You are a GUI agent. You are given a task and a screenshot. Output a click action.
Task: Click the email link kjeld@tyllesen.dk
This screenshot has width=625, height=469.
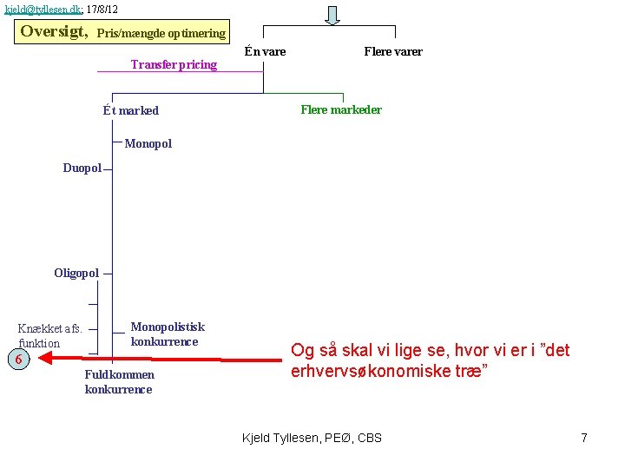pos(43,9)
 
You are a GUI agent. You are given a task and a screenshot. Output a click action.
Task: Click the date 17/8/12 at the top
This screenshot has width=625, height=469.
pos(102,9)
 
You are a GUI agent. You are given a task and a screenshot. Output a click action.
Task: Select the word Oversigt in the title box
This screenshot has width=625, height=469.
pos(54,31)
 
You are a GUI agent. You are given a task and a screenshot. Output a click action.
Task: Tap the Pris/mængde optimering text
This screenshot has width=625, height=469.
pos(161,34)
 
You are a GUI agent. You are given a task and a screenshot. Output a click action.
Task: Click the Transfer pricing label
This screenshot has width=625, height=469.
pos(174,64)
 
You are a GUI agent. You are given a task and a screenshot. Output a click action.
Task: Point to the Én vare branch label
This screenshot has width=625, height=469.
pos(265,51)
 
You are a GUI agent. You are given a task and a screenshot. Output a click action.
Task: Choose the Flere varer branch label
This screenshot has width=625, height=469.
pos(393,51)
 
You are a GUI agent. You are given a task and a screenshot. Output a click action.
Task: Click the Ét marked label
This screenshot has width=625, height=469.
pos(130,110)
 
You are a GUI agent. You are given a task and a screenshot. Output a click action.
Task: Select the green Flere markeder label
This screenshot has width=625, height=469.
pos(341,109)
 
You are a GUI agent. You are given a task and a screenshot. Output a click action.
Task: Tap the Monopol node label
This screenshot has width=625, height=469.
pos(148,143)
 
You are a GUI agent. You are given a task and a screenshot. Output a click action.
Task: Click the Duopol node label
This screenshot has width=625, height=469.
pos(82,168)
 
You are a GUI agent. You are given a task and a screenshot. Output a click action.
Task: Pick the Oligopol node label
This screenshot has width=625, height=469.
pos(76,273)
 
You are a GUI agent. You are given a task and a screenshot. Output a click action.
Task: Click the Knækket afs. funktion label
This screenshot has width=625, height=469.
pos(50,335)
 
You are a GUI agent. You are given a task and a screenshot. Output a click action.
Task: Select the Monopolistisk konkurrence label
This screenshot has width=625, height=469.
pos(168,334)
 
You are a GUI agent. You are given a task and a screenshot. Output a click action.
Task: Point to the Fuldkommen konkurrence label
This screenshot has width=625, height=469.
pos(119,381)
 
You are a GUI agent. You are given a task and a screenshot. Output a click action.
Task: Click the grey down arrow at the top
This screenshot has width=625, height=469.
pos(332,15)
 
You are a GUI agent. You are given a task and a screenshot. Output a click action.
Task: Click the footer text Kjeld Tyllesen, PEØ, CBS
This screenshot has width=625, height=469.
pos(312,437)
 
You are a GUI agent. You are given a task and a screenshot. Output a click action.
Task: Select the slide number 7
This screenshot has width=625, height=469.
pos(584,437)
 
